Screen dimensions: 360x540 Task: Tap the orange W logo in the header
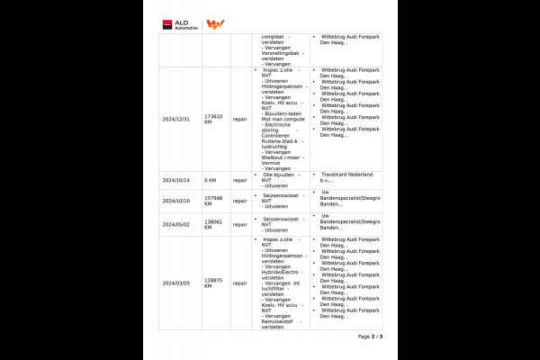[216, 24]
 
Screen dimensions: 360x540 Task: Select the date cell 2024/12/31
[177, 118]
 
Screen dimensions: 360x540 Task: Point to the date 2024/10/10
[177, 201]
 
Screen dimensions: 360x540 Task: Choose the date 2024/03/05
[177, 283]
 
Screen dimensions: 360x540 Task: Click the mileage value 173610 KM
[213, 118]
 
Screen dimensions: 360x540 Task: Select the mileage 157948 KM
[213, 201]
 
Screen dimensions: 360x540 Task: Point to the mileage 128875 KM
[213, 283]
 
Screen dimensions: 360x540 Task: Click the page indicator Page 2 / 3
[370, 337]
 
